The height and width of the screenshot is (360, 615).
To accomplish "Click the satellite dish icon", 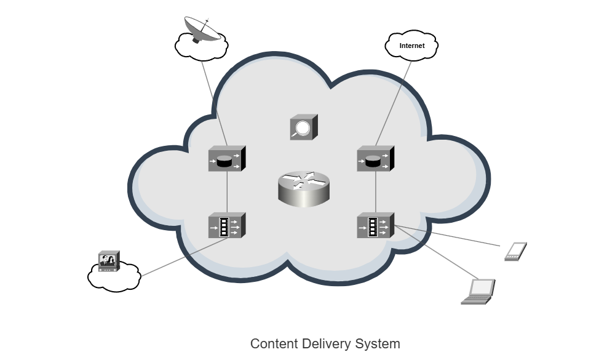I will [203, 29].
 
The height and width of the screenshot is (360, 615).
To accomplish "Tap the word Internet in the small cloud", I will [412, 46].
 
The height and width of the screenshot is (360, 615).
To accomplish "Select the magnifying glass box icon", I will [303, 127].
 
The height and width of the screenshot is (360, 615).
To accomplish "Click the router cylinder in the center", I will [304, 188].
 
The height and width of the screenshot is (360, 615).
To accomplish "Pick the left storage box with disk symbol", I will [226, 159].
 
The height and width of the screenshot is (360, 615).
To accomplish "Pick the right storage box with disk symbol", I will [375, 159].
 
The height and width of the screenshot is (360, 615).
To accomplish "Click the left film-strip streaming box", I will [226, 226].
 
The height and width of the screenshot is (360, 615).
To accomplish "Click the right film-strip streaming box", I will [375, 226].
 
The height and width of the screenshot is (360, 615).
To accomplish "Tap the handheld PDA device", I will [515, 252].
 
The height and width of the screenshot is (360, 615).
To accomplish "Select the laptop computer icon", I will [479, 291].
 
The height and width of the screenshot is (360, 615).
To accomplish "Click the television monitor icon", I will [109, 261].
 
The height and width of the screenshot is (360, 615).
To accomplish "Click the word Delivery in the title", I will [327, 343].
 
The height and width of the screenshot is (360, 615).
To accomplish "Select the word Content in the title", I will [274, 343].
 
